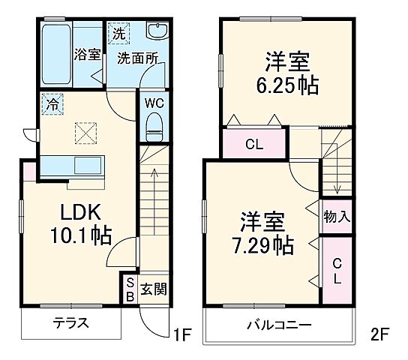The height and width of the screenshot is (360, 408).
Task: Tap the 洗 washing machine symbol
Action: [x=118, y=32]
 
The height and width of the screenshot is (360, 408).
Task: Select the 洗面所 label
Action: [x=135, y=58]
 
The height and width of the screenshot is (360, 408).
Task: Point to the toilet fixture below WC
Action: [x=153, y=125]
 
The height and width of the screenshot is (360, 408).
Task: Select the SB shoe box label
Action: [x=129, y=289]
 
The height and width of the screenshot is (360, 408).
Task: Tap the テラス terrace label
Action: [x=70, y=324]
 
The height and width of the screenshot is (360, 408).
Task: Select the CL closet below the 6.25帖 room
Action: [x=254, y=145]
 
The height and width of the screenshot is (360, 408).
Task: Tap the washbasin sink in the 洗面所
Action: [x=158, y=32]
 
